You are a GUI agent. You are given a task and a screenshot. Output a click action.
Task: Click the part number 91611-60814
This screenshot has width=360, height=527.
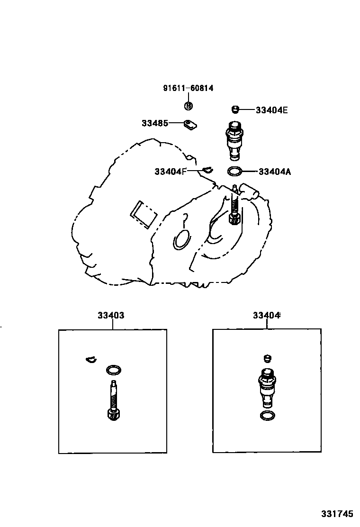point(188,88)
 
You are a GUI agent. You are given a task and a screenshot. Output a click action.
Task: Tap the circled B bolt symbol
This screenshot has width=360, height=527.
point(188,106)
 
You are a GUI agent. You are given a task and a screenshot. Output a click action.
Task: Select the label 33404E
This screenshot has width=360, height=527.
point(271,110)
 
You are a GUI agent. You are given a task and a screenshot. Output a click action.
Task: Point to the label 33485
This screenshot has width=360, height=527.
point(154,123)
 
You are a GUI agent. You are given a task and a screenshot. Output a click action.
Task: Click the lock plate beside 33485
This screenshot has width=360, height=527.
point(190,125)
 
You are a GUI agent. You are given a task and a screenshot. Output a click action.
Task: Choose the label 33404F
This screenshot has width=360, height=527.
point(171,171)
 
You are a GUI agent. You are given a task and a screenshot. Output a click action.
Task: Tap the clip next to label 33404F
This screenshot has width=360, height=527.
point(207,169)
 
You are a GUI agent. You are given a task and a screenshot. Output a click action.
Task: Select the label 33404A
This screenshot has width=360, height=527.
point(275,172)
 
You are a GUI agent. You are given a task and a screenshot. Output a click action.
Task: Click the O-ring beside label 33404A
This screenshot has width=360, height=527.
point(235,171)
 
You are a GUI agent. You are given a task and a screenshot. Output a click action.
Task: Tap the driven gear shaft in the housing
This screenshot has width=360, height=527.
point(234,207)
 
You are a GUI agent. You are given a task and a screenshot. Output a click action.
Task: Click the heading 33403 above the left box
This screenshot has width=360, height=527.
point(111,315)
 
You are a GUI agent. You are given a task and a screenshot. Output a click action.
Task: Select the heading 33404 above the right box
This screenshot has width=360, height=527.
point(266,315)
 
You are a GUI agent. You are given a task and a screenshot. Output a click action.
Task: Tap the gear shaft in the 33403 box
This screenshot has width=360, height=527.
point(114,400)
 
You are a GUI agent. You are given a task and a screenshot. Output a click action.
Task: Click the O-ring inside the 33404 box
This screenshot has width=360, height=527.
point(267,416)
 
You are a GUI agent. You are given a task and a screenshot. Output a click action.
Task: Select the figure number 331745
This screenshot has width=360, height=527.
point(337,513)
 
